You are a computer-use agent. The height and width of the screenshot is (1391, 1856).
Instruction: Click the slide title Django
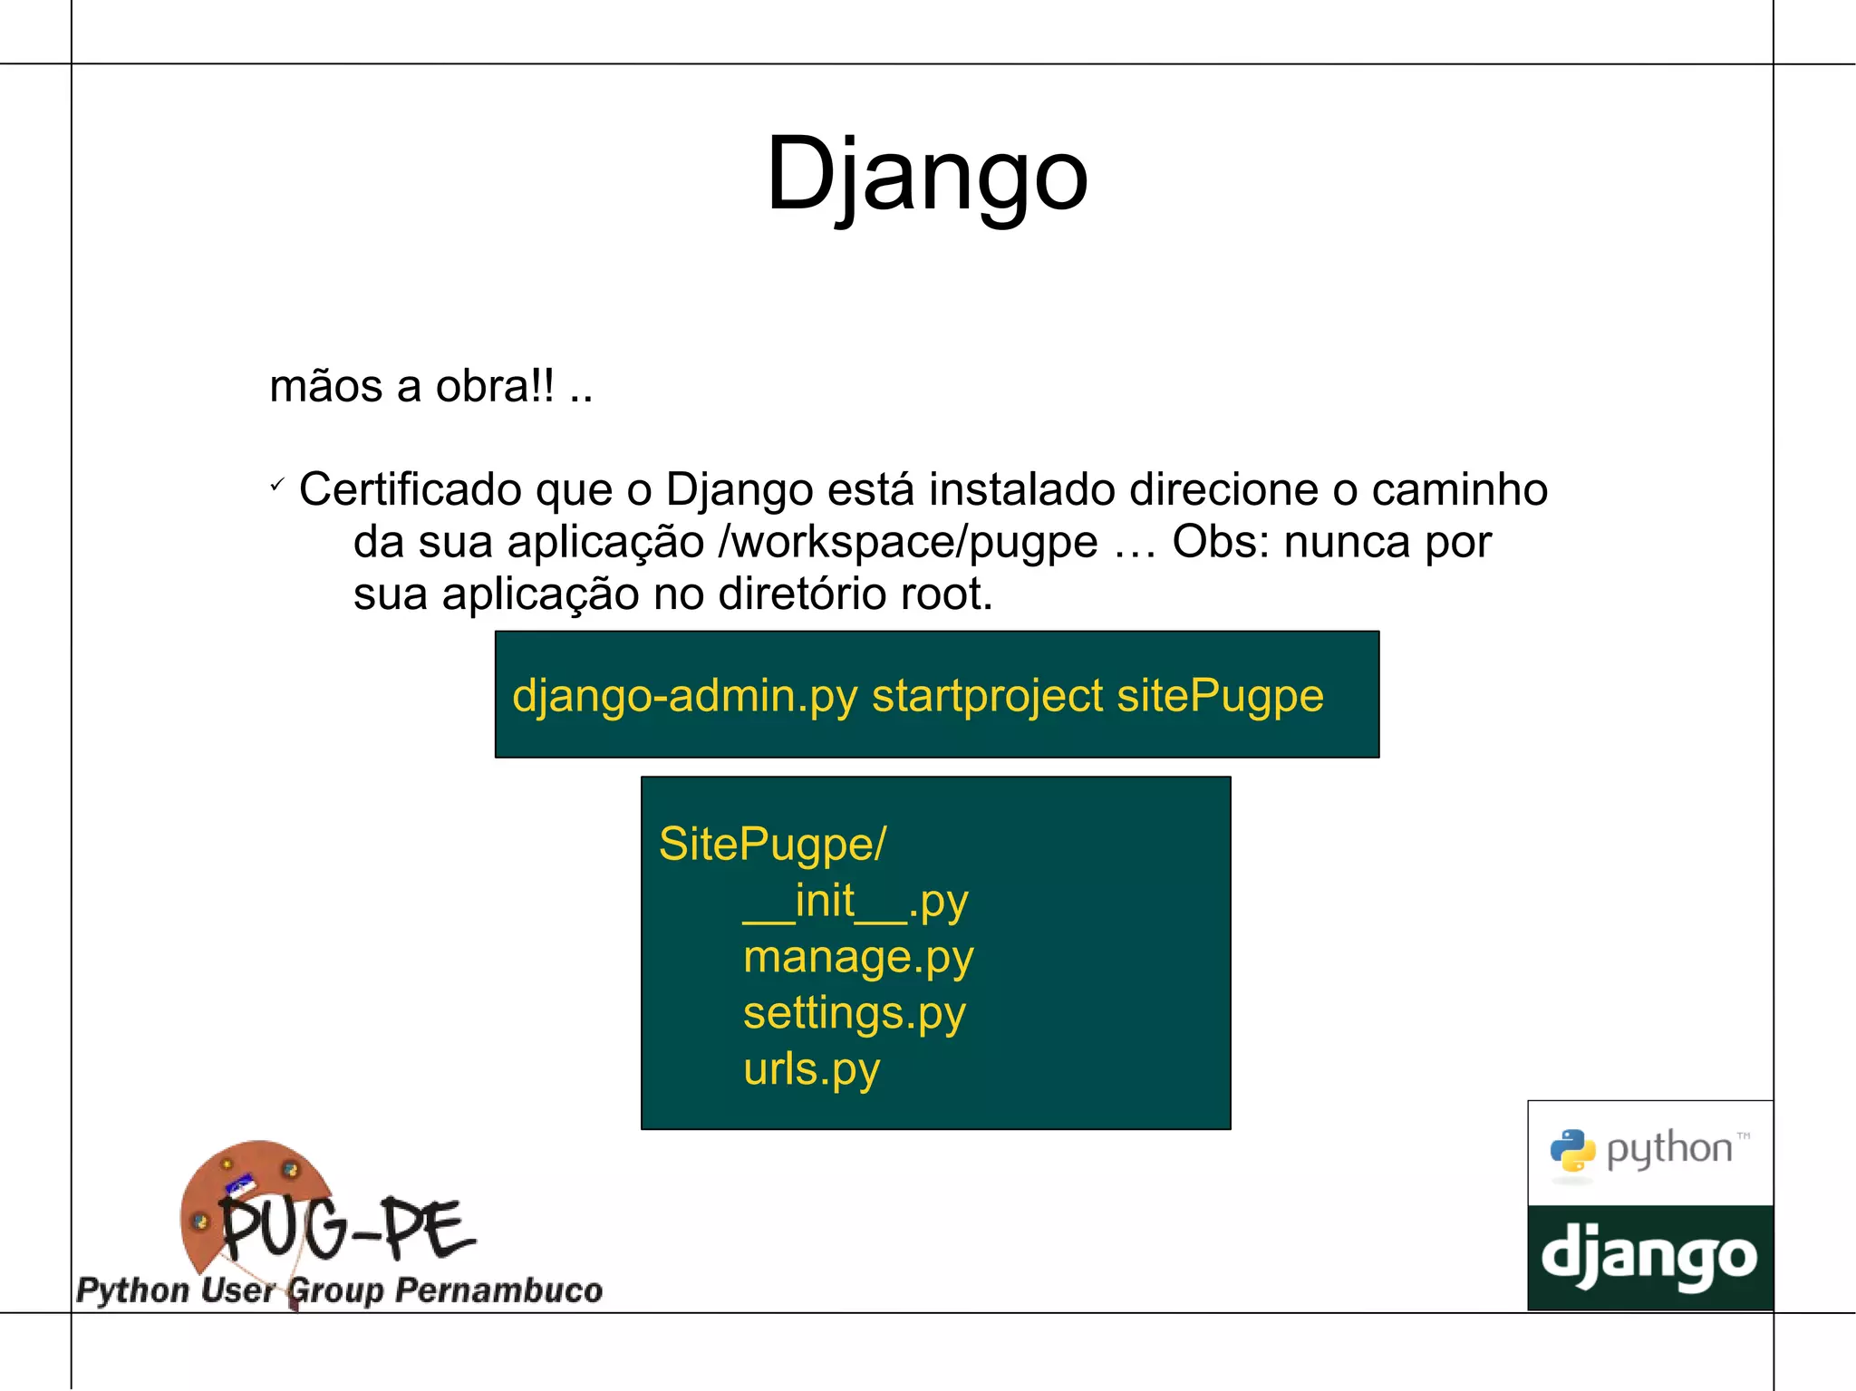pyautogui.click(x=926, y=173)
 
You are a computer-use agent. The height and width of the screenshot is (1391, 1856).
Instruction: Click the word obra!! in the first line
pyautogui.click(x=495, y=387)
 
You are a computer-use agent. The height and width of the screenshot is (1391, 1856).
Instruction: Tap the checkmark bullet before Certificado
pyautogui.click(x=277, y=486)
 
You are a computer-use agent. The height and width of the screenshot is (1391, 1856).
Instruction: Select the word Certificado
pyautogui.click(x=410, y=490)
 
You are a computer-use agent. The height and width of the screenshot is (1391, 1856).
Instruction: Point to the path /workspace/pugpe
pyautogui.click(x=907, y=543)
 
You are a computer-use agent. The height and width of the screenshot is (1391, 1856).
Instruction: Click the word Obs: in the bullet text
pyautogui.click(x=1220, y=542)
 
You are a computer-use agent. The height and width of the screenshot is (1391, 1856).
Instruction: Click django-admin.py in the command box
pyautogui.click(x=684, y=697)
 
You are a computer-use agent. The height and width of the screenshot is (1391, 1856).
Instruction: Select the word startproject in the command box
pyautogui.click(x=987, y=697)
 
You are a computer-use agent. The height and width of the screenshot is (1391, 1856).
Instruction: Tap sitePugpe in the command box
pyautogui.click(x=1220, y=697)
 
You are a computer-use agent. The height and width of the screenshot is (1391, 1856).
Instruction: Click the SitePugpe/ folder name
pyautogui.click(x=772, y=845)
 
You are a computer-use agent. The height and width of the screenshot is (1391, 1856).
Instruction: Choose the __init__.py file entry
pyautogui.click(x=855, y=902)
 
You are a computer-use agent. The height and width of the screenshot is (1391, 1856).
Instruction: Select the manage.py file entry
pyautogui.click(x=858, y=958)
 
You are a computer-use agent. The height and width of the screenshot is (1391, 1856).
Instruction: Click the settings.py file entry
pyautogui.click(x=854, y=1014)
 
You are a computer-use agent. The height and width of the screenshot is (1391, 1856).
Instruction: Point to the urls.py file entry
pyautogui.click(x=811, y=1070)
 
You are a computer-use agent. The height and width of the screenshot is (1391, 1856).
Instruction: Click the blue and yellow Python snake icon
pyautogui.click(x=1572, y=1151)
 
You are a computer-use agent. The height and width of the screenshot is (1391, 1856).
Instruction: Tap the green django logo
pyautogui.click(x=1649, y=1258)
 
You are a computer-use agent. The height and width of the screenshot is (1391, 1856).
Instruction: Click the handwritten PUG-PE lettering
pyautogui.click(x=347, y=1228)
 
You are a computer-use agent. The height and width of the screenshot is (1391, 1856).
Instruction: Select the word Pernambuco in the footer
pyautogui.click(x=498, y=1290)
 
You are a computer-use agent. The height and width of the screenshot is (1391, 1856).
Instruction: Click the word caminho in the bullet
pyautogui.click(x=1459, y=490)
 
